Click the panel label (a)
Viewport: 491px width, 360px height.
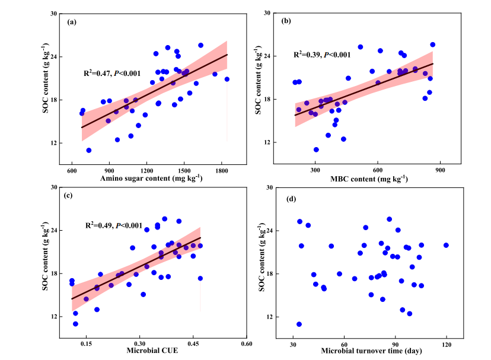(72, 23)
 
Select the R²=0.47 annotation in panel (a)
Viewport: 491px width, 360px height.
(112, 74)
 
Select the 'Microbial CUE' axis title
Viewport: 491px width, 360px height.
(152, 351)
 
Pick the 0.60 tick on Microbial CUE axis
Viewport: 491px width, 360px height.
(247, 343)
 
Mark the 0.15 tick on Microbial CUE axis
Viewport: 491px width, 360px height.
(86, 343)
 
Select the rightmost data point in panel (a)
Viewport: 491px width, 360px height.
(227, 79)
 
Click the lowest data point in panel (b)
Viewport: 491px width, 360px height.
(316, 149)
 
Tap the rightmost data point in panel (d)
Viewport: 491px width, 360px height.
(446, 245)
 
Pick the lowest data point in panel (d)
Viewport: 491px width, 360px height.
(299, 324)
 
